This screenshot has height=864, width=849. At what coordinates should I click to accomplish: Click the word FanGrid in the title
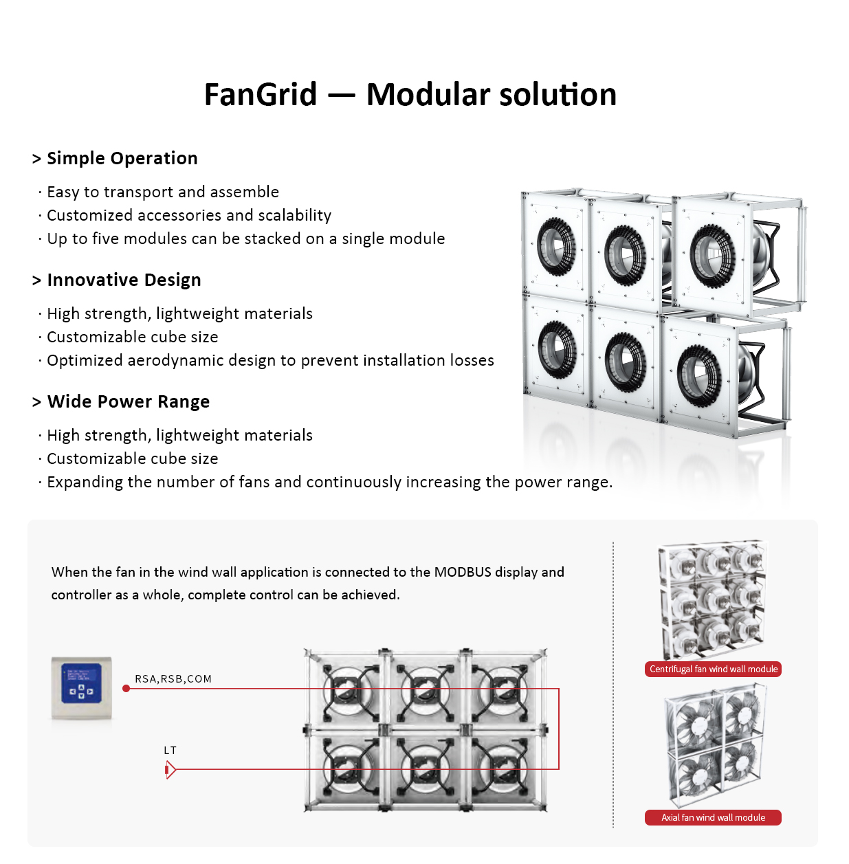click(x=261, y=95)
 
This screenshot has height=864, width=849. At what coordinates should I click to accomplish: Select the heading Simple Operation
click(x=122, y=158)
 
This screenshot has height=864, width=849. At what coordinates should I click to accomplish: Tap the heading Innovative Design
click(x=124, y=280)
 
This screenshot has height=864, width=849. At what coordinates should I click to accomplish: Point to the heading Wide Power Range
click(x=128, y=401)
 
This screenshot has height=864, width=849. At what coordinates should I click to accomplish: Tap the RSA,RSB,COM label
click(x=173, y=679)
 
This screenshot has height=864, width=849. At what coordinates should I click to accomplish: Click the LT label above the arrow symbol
click(x=170, y=751)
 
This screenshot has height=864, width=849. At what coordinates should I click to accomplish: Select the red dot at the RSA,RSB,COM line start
click(x=126, y=688)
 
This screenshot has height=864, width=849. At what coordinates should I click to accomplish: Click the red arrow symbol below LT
click(x=170, y=770)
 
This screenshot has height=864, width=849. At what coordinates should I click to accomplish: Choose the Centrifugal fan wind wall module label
click(x=713, y=669)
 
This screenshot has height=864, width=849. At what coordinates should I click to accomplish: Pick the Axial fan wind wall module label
click(x=713, y=817)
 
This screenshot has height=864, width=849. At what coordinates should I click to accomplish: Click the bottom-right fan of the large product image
click(x=699, y=375)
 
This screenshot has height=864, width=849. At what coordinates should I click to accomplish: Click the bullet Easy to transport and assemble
click(x=163, y=192)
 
